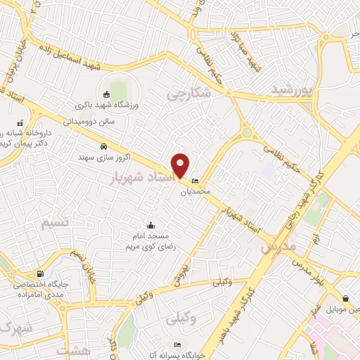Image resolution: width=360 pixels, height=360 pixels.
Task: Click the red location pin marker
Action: pos(181,165)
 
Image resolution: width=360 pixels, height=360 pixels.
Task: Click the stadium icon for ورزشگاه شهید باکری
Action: pos(106,96)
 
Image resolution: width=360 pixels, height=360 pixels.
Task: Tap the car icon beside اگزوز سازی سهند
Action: pos(103,146)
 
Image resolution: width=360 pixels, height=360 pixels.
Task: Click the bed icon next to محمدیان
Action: pos(195,181)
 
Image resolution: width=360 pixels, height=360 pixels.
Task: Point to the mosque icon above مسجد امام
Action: pos(150,226)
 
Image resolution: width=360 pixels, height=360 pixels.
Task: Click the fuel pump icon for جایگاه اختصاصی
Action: pos(39,274)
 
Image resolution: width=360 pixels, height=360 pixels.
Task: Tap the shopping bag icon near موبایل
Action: pos(345,298)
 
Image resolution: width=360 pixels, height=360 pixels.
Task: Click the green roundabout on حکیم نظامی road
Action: pos(247,132)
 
